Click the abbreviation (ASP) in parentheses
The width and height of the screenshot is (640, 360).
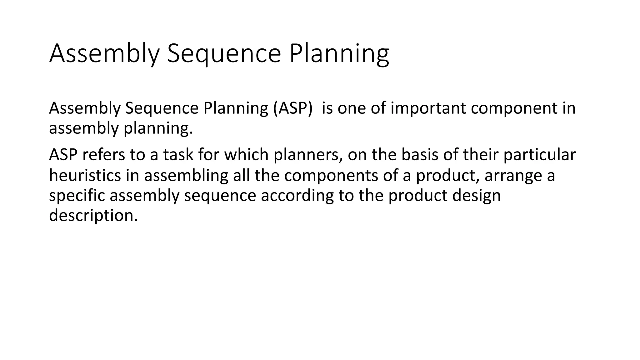click(x=292, y=108)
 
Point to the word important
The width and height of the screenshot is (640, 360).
click(x=428, y=108)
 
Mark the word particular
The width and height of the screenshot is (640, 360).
click(x=539, y=155)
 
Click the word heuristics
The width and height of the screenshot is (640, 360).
click(x=85, y=175)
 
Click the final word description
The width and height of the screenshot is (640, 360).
click(x=93, y=216)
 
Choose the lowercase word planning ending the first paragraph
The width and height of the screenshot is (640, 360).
click(x=158, y=128)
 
